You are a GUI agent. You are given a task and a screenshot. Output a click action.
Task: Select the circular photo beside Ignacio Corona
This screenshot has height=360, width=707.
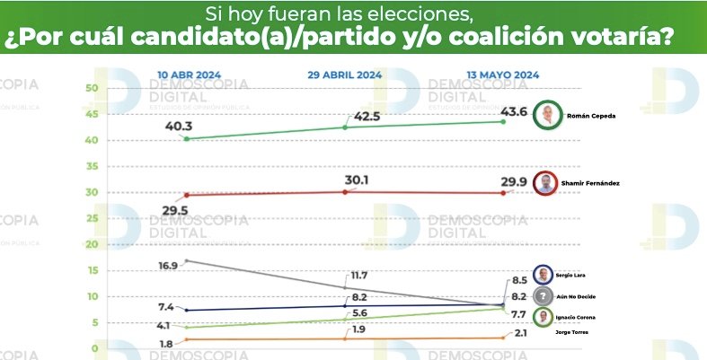pyautogui.click(x=544, y=317)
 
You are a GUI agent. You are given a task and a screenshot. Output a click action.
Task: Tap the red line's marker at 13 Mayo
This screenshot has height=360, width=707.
pyautogui.click(x=502, y=193)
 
